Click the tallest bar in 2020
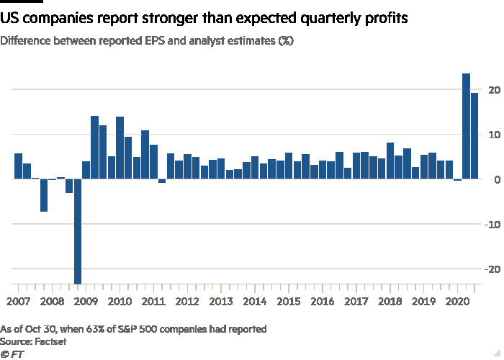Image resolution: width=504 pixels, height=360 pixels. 466,126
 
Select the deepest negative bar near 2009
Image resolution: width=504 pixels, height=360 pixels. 78,231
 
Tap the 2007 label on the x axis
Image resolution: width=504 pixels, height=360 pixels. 18,301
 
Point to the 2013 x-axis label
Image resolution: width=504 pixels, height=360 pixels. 221,301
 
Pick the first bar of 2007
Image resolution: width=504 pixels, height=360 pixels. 18,166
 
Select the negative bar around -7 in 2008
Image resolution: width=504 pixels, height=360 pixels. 44,195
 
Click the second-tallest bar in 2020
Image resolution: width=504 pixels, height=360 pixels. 474,136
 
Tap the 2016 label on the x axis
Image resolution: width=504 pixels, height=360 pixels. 323,301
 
